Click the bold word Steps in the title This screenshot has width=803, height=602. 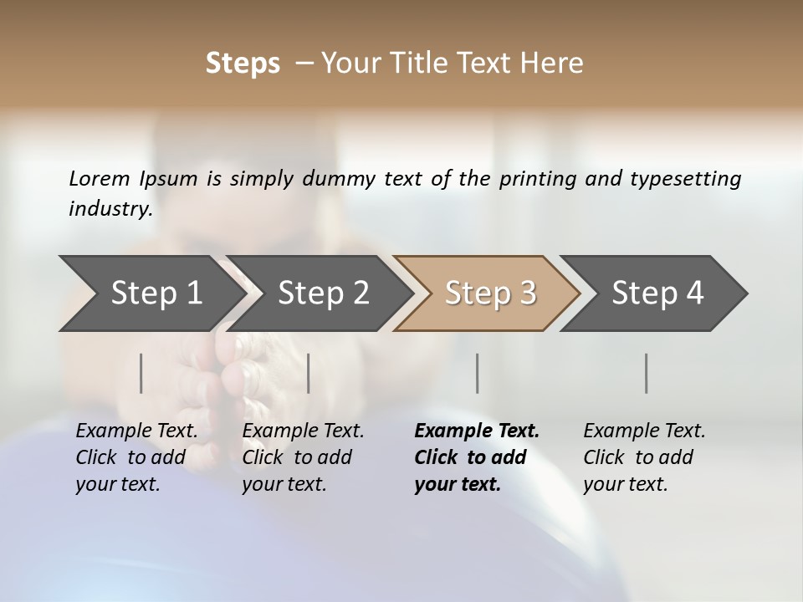tap(243, 64)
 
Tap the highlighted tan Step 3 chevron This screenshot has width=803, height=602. tap(490, 293)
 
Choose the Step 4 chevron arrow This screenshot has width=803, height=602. tap(657, 293)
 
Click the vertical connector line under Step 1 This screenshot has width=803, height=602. tap(141, 373)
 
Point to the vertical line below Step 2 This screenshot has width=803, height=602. tap(309, 373)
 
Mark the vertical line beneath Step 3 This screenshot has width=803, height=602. tap(478, 373)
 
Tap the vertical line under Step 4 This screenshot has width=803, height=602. tap(647, 373)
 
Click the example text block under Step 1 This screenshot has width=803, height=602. tap(136, 457)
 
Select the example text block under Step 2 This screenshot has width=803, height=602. tap(303, 457)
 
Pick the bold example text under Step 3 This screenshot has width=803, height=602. tap(477, 457)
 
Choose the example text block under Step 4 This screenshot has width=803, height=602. tap(644, 457)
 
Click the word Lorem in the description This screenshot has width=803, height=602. tap(100, 179)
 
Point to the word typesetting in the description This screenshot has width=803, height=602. tap(685, 179)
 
